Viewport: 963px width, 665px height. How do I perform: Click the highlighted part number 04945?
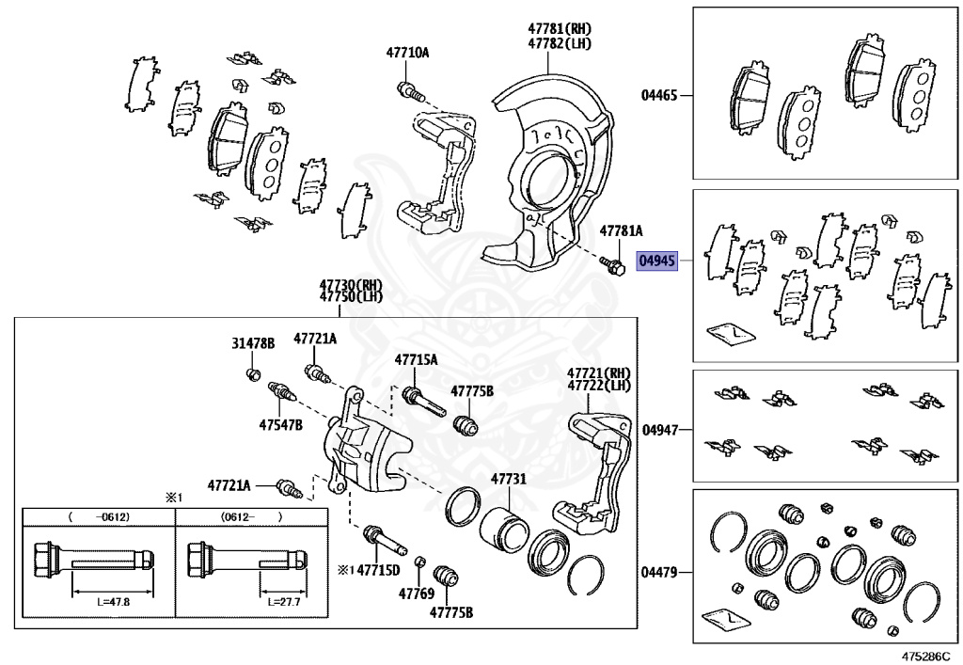click(x=657, y=261)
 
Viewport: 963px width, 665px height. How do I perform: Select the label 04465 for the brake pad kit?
click(x=659, y=95)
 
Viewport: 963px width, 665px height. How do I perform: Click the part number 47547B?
click(x=281, y=424)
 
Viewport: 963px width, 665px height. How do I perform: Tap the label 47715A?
click(x=415, y=359)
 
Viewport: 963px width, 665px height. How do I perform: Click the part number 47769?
click(x=415, y=594)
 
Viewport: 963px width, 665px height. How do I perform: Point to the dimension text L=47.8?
click(x=113, y=600)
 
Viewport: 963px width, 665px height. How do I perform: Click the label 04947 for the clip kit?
click(x=659, y=430)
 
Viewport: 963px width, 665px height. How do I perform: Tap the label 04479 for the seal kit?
click(x=659, y=572)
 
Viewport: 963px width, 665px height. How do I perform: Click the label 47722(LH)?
click(x=599, y=387)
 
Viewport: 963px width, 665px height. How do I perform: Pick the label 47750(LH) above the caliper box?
click(x=351, y=296)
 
